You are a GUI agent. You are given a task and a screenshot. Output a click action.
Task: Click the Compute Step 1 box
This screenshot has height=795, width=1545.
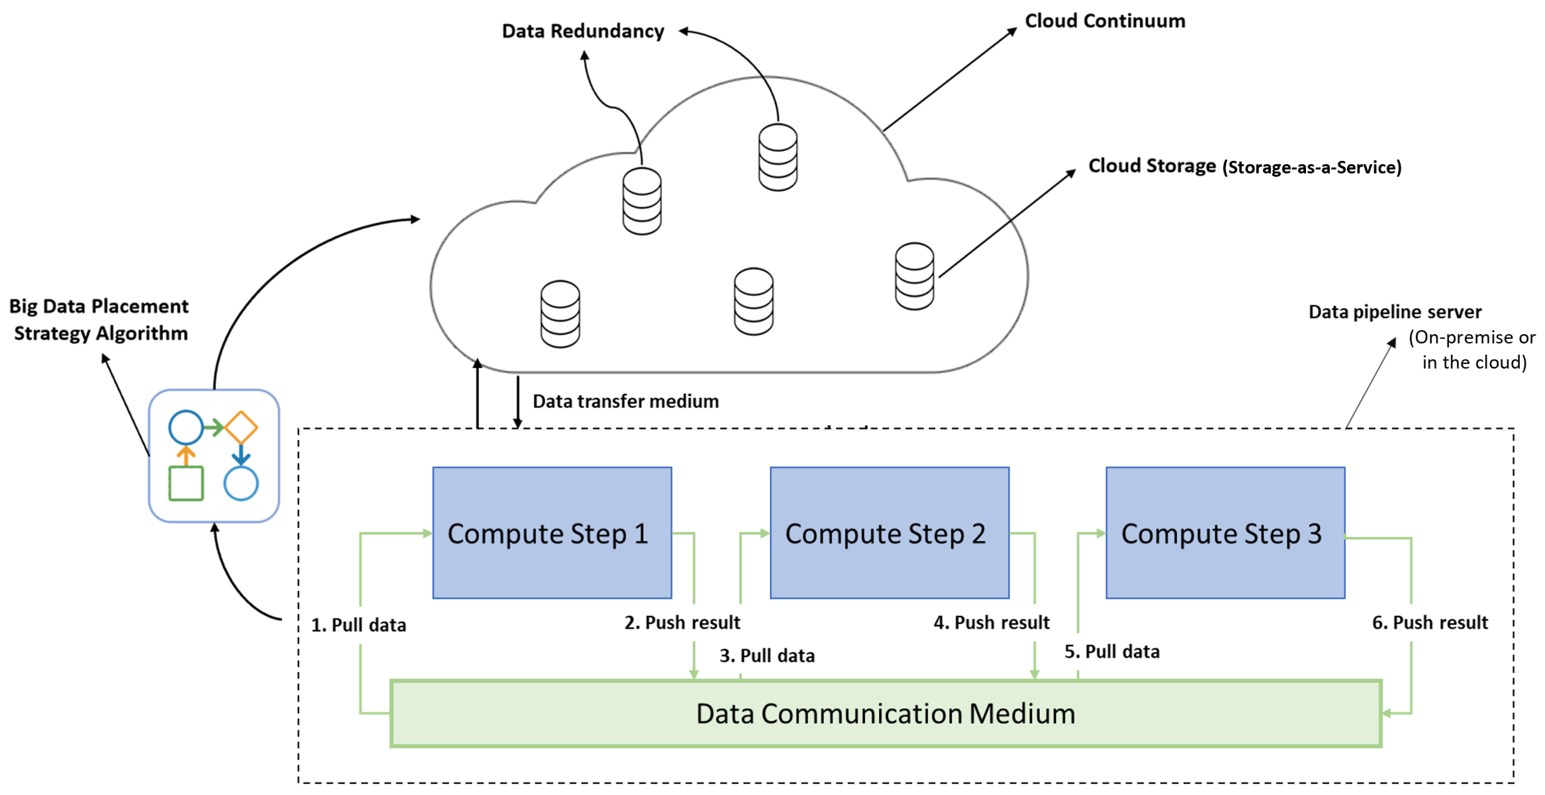pyautogui.click(x=552, y=532)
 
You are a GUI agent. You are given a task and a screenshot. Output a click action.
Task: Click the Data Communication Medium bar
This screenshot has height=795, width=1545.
pyautogui.click(x=885, y=713)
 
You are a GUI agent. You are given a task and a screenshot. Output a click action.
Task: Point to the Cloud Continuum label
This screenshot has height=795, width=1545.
pyautogui.click(x=1105, y=21)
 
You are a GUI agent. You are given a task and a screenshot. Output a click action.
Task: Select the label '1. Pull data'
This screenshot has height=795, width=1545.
pyautogui.click(x=358, y=625)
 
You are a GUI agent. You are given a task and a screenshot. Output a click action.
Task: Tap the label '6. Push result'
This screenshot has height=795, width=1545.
pyautogui.click(x=1430, y=623)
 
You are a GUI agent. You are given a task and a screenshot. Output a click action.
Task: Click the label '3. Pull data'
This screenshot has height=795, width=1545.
pyautogui.click(x=767, y=655)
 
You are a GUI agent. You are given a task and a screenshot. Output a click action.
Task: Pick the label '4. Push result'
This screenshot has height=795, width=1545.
pyautogui.click(x=991, y=623)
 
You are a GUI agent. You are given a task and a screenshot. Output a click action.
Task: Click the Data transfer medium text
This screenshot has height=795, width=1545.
pyautogui.click(x=626, y=401)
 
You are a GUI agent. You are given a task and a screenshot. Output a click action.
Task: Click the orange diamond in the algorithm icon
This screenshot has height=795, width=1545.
pyautogui.click(x=241, y=427)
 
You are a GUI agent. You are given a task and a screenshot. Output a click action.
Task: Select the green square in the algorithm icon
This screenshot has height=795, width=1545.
pyautogui.click(x=186, y=483)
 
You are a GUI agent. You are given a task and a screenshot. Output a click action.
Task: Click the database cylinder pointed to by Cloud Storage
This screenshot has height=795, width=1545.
pyautogui.click(x=914, y=276)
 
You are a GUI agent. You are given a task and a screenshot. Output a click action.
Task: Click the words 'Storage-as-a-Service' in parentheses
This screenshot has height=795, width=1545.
pyautogui.click(x=1312, y=167)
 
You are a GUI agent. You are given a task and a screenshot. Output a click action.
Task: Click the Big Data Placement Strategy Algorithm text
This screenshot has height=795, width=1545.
pyautogui.click(x=99, y=320)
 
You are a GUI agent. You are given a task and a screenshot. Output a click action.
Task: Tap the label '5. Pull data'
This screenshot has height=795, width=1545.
pyautogui.click(x=1111, y=651)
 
